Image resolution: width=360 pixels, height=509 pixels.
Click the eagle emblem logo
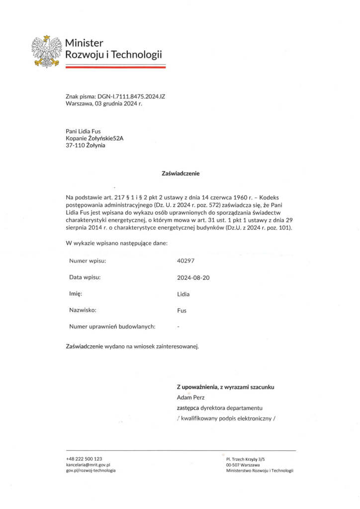point(47,51)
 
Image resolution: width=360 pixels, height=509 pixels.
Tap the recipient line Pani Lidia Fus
point(83,131)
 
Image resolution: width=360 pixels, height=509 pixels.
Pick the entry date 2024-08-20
point(193,277)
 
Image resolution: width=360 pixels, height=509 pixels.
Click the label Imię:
point(76,294)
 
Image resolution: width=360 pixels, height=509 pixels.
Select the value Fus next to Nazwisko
point(182,311)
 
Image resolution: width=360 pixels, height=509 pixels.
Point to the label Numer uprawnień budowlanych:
point(112,327)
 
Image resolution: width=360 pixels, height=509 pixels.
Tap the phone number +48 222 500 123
point(84,458)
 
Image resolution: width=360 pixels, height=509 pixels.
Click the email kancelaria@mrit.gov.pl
point(88,464)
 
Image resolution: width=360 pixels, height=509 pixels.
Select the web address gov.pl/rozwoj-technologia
point(90,470)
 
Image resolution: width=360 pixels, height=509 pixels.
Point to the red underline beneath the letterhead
point(115,66)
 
